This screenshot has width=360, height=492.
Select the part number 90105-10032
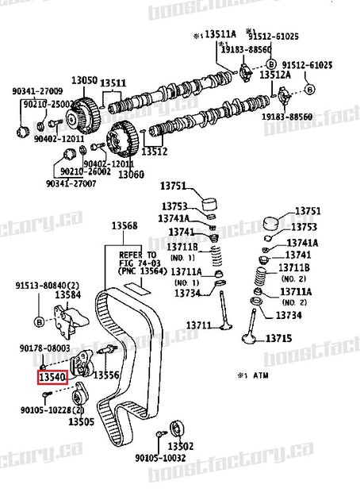(160, 457)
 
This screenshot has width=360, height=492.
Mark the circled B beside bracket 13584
(38, 321)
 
